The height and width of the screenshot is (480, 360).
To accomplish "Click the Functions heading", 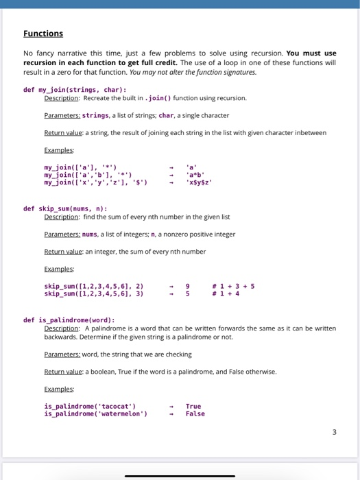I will [x=43, y=34].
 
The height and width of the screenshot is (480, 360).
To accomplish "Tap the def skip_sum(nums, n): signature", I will [x=64, y=208].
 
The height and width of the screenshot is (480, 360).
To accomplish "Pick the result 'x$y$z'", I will [x=199, y=182].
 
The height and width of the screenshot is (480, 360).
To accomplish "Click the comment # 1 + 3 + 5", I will [x=234, y=286].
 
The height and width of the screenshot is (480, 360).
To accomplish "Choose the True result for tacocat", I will [x=193, y=406].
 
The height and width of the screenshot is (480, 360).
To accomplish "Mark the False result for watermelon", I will [x=195, y=413].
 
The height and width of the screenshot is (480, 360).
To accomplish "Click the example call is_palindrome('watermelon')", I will [x=95, y=413].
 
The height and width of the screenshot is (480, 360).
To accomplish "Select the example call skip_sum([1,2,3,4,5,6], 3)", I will [x=93, y=293].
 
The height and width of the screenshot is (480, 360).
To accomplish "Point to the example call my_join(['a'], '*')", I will [x=80, y=167].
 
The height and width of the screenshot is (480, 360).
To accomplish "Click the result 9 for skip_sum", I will [x=188, y=286].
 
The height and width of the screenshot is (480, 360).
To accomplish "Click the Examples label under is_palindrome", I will [x=59, y=389].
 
